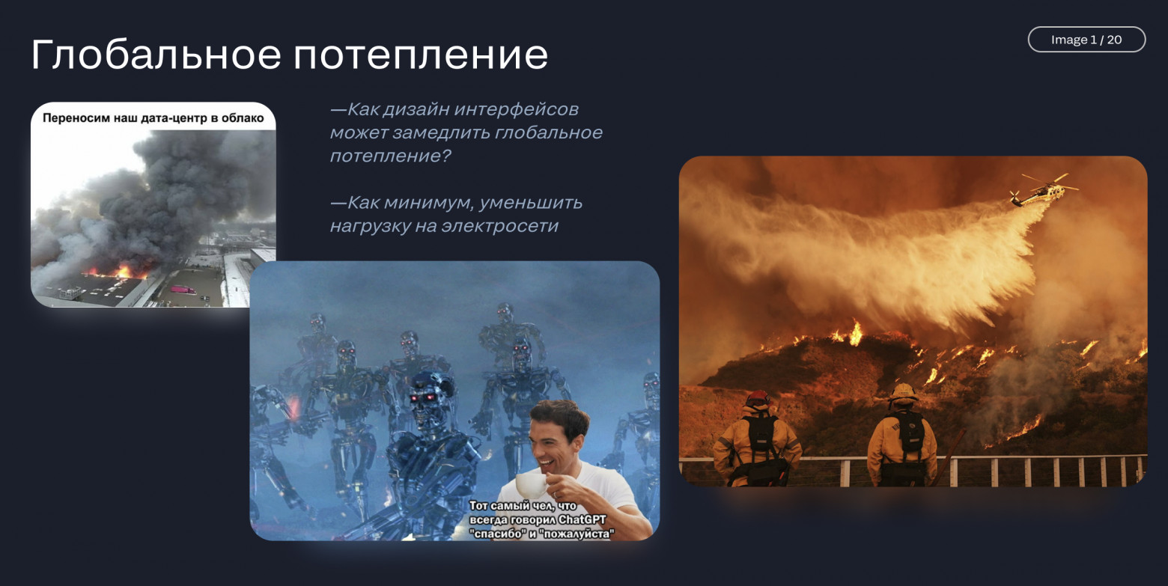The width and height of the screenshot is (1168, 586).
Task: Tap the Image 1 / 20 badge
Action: click(1086, 40)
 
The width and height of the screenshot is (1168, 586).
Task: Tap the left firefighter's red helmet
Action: click(758, 397)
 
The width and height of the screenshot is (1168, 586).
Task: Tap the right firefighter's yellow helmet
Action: click(904, 391)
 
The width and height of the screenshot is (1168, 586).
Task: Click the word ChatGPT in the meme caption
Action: click(587, 520)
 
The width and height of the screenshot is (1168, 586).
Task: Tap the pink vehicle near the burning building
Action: click(182, 289)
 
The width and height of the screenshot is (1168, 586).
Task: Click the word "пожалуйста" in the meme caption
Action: click(577, 534)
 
